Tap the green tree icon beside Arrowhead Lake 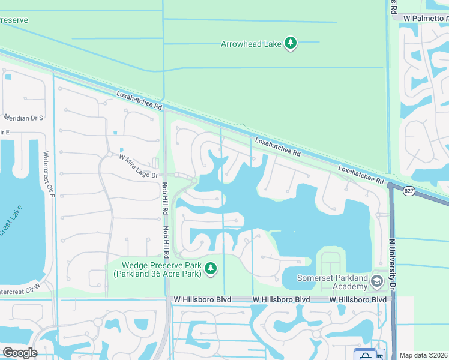[x=291, y=43]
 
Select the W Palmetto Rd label [x=426, y=19]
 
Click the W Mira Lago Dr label [x=138, y=167]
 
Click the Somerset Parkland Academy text [x=336, y=281]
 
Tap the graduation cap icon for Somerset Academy [x=376, y=281]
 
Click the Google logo [x=20, y=353]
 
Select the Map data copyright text [x=424, y=355]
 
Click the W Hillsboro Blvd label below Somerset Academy [x=357, y=299]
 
